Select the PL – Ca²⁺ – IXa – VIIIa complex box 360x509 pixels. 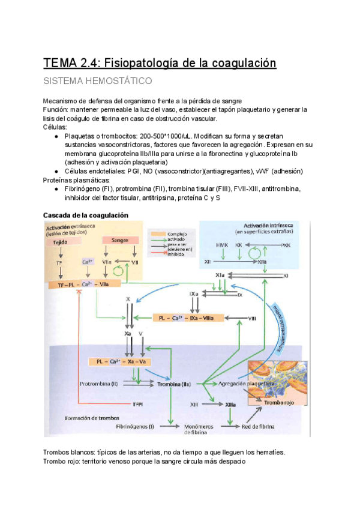pyautogui.click(x=188, y=318)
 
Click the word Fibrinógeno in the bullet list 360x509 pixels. pyautogui.click(x=82, y=188)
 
